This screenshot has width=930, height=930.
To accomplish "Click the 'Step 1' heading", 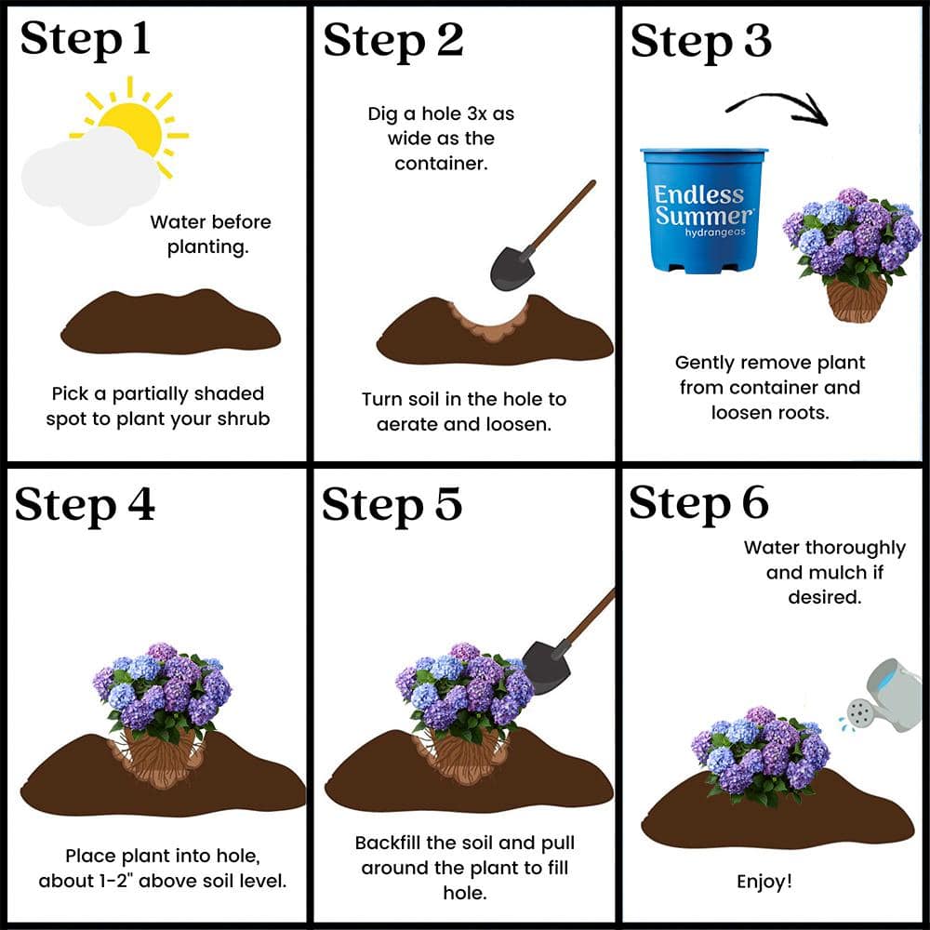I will coord(85,40).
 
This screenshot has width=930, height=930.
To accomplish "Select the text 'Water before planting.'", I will coord(210,234).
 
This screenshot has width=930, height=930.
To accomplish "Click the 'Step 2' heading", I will coord(393,40).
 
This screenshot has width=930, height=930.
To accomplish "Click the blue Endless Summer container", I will coord(704,209).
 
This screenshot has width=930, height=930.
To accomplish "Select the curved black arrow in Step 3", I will coord(777,107).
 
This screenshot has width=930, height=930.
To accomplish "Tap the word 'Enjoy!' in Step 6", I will coord(764,881).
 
